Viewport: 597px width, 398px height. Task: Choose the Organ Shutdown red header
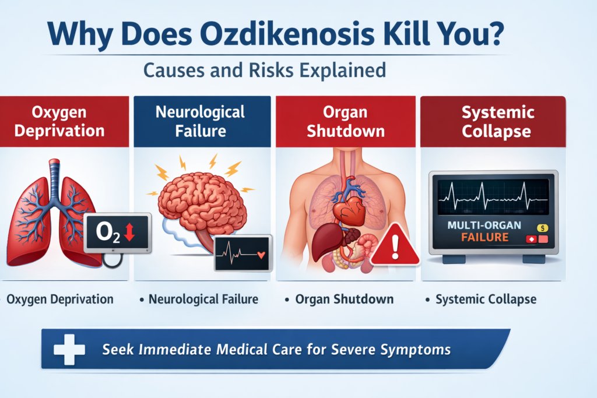[346, 121]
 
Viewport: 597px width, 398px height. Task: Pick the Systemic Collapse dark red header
[496, 121]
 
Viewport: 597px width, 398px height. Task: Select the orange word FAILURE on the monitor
[485, 238]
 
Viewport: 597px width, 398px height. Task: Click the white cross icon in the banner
[69, 349]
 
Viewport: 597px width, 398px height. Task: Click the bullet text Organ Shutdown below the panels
[344, 300]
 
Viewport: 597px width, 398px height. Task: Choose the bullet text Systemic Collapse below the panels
[485, 300]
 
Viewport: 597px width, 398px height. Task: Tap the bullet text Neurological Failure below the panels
[203, 300]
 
